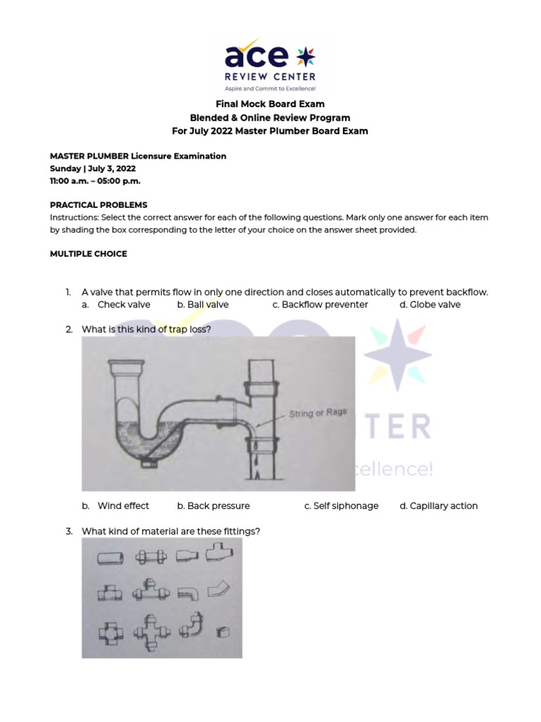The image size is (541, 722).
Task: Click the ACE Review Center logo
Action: pyautogui.click(x=270, y=65)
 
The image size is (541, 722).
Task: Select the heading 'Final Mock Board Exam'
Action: pyautogui.click(x=270, y=104)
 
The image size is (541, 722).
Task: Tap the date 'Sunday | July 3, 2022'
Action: pyautogui.click(x=92, y=169)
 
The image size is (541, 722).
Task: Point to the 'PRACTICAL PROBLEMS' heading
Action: pyautogui.click(x=98, y=205)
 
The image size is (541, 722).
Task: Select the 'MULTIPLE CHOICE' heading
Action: pyautogui.click(x=88, y=254)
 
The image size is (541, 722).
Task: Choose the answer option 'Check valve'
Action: pyautogui.click(x=123, y=305)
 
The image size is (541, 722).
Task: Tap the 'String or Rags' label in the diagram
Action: pyautogui.click(x=318, y=414)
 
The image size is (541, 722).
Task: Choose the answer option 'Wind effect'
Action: pyautogui.click(x=123, y=506)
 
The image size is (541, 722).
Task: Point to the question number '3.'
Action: pyautogui.click(x=70, y=531)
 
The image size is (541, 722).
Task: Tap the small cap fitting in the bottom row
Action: pyautogui.click(x=223, y=631)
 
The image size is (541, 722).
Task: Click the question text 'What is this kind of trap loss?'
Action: pyautogui.click(x=147, y=329)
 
